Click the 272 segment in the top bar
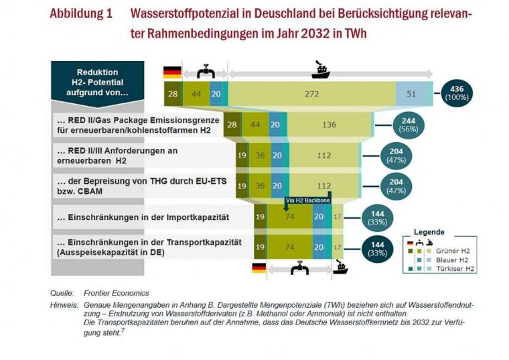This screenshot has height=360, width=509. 311,95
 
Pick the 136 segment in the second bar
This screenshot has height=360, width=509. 329,125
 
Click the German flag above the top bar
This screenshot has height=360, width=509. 172,72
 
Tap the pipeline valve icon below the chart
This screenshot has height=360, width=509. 299,269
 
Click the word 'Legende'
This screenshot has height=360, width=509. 429,231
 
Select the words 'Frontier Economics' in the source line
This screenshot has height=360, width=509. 116,293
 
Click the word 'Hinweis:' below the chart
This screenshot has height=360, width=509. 64,304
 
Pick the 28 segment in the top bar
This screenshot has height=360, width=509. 173,95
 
